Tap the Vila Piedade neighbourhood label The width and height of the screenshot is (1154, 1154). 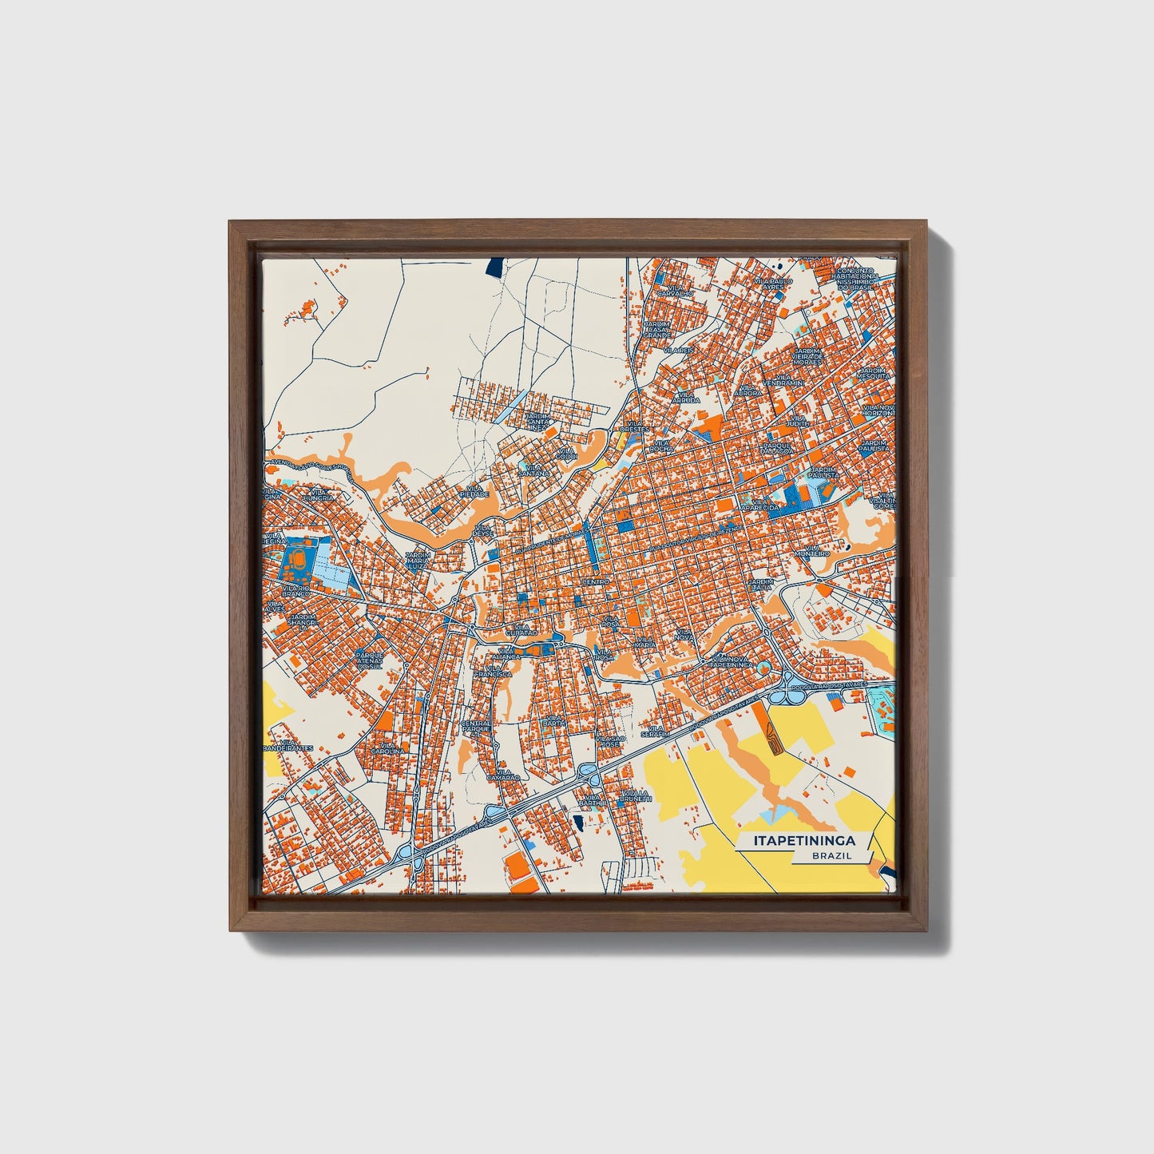pos(474,491)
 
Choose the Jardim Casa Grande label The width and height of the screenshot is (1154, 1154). pos(656,329)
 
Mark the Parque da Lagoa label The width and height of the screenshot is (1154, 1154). pos(777,449)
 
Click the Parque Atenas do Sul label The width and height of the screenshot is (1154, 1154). pos(370,660)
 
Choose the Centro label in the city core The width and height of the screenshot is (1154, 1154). pos(596,582)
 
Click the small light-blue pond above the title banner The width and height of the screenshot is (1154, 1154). pos(771,815)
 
